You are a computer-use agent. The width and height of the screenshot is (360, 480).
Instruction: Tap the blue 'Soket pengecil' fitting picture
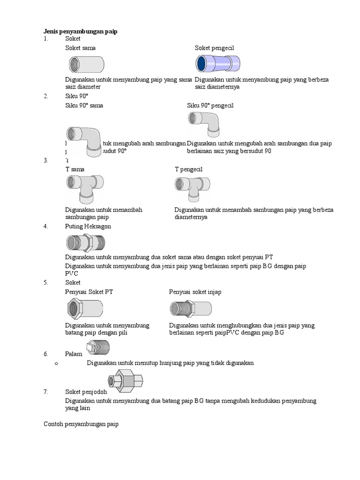pos(218,63)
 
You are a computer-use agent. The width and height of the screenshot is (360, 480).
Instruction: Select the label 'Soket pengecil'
pos(214,48)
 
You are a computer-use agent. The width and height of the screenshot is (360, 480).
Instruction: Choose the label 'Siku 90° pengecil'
pos(210,105)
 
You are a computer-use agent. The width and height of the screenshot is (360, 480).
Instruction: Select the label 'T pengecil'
pos(188,169)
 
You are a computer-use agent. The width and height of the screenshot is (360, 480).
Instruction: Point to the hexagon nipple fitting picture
pos(85,242)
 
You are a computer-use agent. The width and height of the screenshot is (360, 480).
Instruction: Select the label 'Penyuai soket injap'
pos(195,292)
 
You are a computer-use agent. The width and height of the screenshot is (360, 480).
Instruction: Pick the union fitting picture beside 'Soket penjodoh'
pos(126,380)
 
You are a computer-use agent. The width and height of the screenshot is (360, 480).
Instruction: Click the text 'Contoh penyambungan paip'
pos(81,424)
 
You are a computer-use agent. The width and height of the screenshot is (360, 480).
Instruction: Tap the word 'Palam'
pos(74,354)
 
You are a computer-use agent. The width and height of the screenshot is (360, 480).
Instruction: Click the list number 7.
pos(46,392)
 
